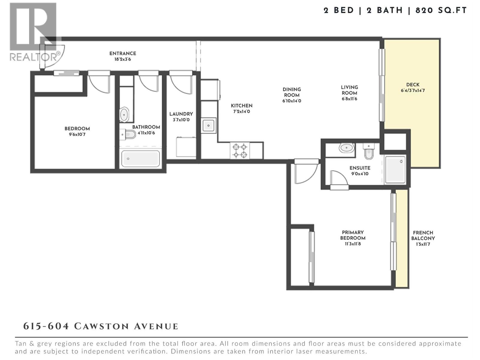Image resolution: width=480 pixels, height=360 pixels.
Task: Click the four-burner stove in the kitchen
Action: (240, 151)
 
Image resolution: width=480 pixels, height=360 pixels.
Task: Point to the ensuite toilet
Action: (369, 152)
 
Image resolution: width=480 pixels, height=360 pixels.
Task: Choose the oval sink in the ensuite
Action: (346, 148)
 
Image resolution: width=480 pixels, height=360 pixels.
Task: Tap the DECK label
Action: (413, 85)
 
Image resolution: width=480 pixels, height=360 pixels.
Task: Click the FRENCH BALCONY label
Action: (423, 235)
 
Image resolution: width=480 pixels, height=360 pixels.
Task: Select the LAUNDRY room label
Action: (181, 114)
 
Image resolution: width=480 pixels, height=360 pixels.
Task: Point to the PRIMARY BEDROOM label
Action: (353, 235)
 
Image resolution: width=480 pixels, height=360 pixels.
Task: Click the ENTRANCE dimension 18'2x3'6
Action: (122, 59)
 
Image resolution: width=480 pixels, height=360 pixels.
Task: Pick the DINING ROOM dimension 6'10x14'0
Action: (292, 101)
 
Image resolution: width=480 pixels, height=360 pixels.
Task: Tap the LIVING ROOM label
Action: (349, 90)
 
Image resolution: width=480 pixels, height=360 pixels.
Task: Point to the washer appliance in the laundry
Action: (186, 147)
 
